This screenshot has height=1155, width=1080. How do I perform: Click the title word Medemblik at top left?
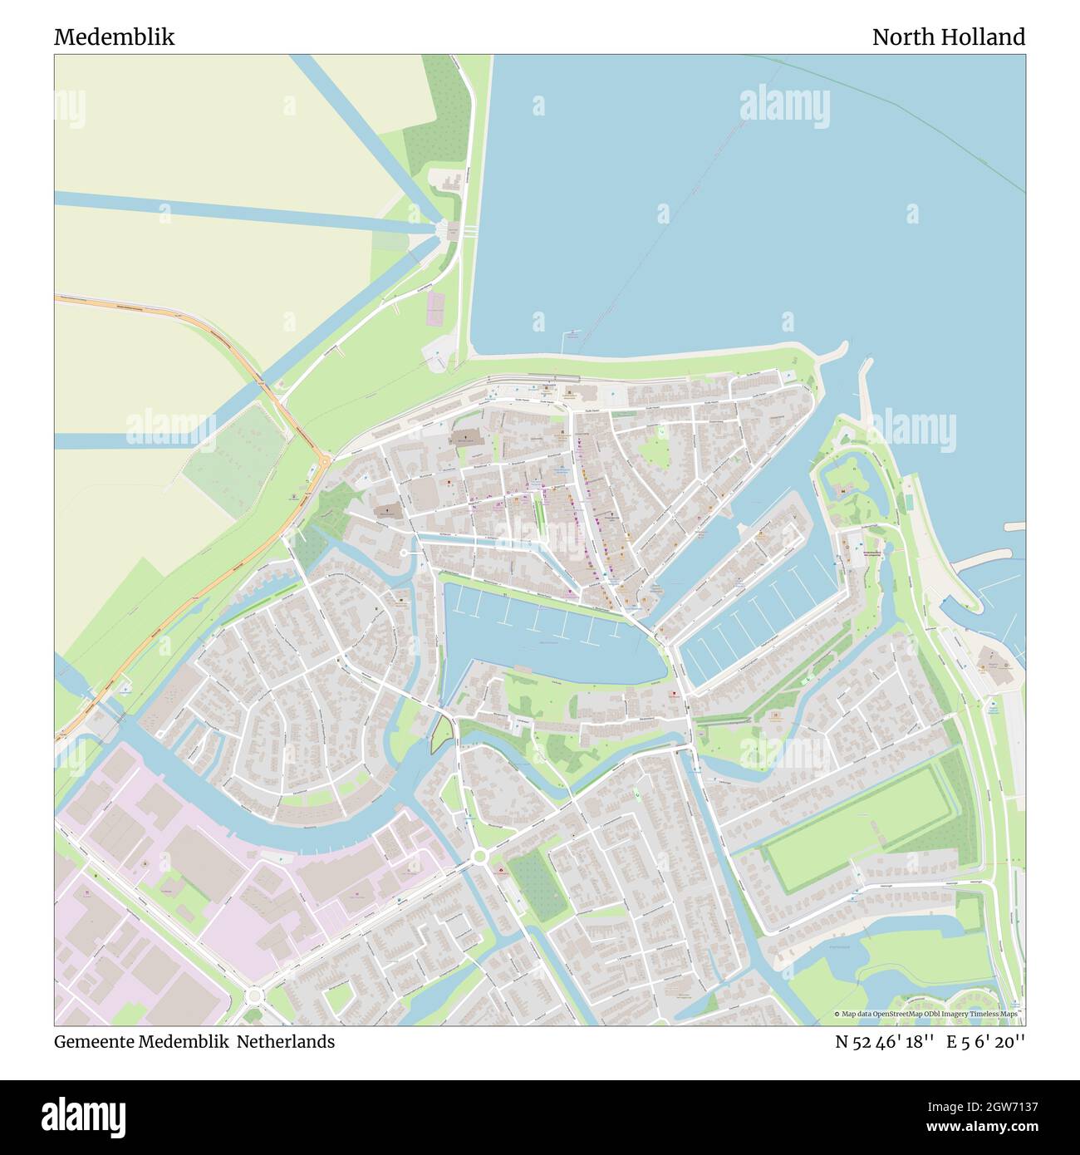point(114,37)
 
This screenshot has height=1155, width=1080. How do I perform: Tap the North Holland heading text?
point(948,37)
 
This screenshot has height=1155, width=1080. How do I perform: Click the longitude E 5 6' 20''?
point(989,1042)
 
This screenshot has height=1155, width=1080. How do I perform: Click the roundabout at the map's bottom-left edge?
point(254,995)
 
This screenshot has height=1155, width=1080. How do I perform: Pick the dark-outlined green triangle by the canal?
point(443,731)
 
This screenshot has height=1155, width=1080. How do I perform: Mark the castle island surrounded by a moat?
point(842,486)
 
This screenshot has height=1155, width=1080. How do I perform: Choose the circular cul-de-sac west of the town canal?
point(405,553)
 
